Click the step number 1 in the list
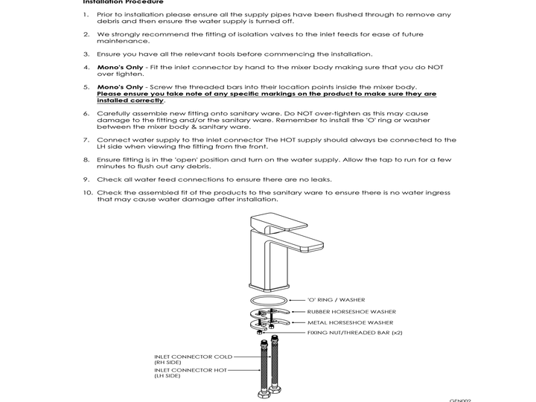pos(86,13)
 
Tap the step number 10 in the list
pos(86,193)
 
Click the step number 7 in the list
pos(86,139)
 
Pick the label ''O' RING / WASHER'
pos(336,300)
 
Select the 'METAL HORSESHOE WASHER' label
pos(350,322)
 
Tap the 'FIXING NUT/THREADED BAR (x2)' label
pos(354,333)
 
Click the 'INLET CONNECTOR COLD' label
pos(194,357)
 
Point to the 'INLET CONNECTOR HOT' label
pos(191,369)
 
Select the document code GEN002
pos(459,400)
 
